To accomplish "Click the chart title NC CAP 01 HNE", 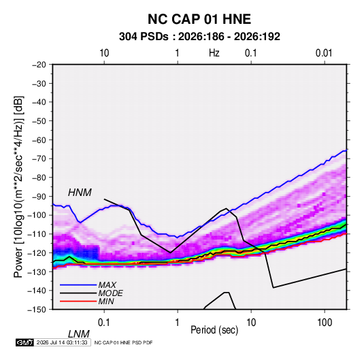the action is pyautogui.click(x=199, y=19).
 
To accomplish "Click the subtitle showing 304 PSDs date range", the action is pyautogui.click(x=199, y=37).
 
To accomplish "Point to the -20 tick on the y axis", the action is pyautogui.click(x=39, y=65).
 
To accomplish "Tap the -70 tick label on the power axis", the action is pyautogui.click(x=39, y=159).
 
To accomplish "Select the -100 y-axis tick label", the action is pyautogui.click(x=37, y=215).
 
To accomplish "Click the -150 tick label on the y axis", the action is pyautogui.click(x=37, y=310).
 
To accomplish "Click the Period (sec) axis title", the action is pyautogui.click(x=214, y=330).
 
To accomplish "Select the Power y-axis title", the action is pyautogui.click(x=18, y=186).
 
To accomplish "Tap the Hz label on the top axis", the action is pyautogui.click(x=214, y=53).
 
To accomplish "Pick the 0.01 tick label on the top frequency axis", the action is pyautogui.click(x=324, y=53).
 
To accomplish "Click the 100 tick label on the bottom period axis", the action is pyautogui.click(x=325, y=323).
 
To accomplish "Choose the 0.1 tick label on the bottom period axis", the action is pyautogui.click(x=104, y=323).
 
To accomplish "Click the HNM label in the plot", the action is pyautogui.click(x=80, y=193).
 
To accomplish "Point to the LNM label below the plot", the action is pyautogui.click(x=78, y=334).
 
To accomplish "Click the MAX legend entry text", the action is pyautogui.click(x=107, y=285).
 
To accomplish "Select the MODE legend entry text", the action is pyautogui.click(x=110, y=293).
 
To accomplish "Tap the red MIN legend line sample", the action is pyautogui.click(x=78, y=301).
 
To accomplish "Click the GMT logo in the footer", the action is pyautogui.click(x=25, y=342).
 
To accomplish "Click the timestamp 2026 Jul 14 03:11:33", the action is pyautogui.click(x=62, y=342).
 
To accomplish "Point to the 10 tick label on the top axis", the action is pyautogui.click(x=104, y=53).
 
